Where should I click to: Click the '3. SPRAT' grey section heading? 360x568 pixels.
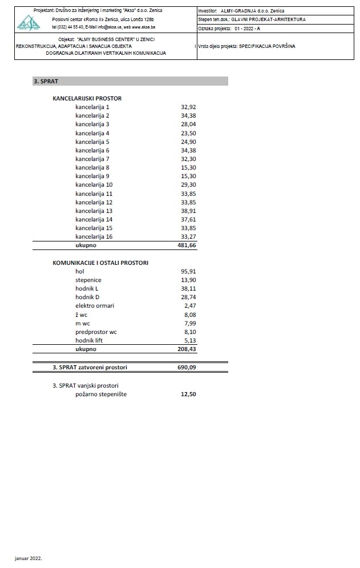43,82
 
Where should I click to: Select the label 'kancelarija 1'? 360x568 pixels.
92,107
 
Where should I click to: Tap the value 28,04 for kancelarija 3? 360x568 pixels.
188,124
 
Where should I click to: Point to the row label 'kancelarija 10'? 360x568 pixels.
94,185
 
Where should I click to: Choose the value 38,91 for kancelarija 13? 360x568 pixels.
188,211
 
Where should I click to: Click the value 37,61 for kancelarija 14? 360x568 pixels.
188,219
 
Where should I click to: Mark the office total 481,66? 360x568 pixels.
187,245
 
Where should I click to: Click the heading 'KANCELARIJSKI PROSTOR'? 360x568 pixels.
87,98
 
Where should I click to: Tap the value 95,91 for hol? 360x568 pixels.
188,271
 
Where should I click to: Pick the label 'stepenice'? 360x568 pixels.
88,280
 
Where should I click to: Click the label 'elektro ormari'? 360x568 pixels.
95,306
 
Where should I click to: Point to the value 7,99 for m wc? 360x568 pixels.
190,323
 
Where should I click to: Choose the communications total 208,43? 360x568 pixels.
187,349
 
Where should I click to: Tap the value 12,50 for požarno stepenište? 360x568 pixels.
188,394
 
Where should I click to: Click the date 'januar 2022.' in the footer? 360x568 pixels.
29,558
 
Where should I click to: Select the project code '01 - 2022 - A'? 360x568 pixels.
244,27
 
